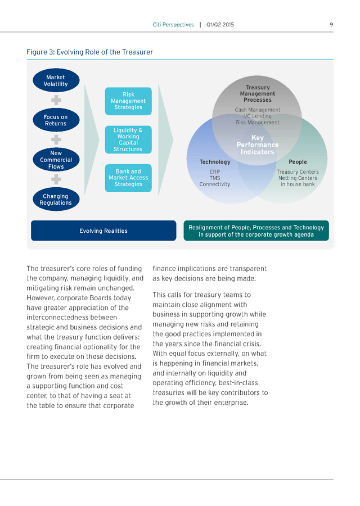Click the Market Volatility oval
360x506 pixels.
click(56, 80)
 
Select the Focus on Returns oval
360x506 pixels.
click(56, 120)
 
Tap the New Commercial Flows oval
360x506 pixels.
click(56, 160)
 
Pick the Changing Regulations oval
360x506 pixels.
click(56, 200)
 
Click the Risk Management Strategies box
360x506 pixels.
click(128, 101)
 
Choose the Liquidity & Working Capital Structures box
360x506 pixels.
click(128, 140)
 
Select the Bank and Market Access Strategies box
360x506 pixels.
click(128, 178)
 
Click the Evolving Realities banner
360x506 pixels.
click(103, 231)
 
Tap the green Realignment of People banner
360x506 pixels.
click(256, 231)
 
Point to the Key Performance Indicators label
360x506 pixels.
click(257, 145)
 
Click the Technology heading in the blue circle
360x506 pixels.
click(215, 162)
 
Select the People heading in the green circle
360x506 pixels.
click(298, 162)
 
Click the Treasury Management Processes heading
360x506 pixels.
click(257, 93)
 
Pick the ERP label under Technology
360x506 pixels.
click(215, 172)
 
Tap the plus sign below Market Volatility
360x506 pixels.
click(56, 100)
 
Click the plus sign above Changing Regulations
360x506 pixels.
click(56, 179)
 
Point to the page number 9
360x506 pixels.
click(331, 25)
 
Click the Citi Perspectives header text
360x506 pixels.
click(173, 25)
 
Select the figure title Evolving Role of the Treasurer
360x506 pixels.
click(90, 52)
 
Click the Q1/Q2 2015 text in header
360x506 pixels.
click(220, 25)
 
